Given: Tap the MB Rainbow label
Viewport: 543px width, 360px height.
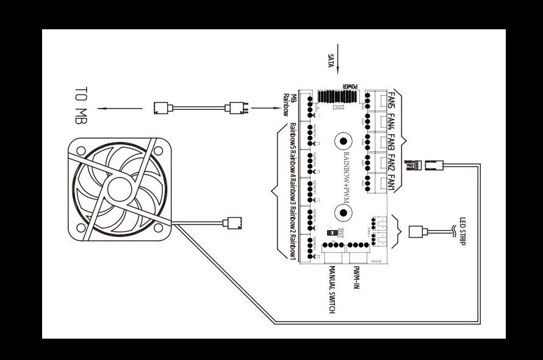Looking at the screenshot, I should point(289,104).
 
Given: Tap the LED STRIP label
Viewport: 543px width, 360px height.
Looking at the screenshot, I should point(462,231).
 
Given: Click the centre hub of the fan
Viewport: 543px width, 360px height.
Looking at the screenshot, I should point(120,186).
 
